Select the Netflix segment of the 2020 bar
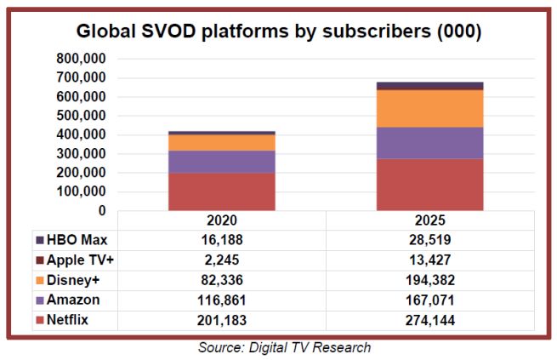click(x=221, y=191)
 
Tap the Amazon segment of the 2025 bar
click(x=429, y=143)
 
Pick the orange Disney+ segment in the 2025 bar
click(x=429, y=108)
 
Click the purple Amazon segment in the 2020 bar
click(x=221, y=162)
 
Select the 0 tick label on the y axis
click(x=101, y=210)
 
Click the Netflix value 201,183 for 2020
click(x=221, y=319)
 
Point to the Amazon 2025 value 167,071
click(x=429, y=299)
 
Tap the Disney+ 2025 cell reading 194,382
click(x=429, y=279)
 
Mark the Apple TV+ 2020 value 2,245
click(x=221, y=259)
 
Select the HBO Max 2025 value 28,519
click(x=429, y=240)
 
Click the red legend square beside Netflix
click(x=39, y=319)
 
